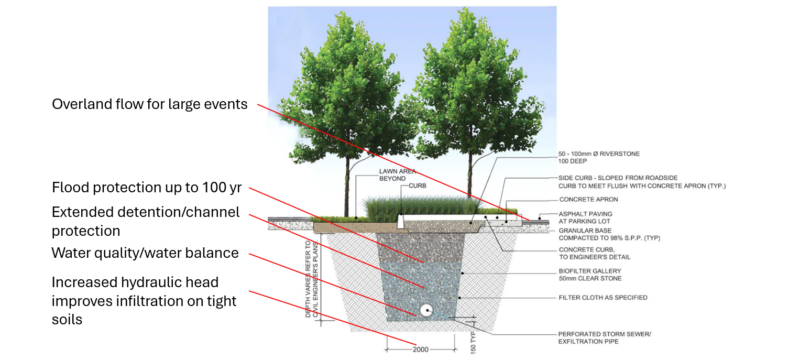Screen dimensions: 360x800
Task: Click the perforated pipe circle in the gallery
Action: (424, 310)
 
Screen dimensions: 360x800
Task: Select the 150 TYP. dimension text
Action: (473, 341)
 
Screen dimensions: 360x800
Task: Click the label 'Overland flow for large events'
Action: (149, 104)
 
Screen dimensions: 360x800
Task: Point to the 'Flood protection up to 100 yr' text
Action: (146, 187)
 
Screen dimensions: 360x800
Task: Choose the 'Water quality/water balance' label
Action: (145, 253)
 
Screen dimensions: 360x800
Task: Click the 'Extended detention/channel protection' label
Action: (145, 221)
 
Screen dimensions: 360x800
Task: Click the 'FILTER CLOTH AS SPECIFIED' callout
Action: (602, 298)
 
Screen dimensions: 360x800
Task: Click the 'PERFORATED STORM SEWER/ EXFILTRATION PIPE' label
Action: (604, 338)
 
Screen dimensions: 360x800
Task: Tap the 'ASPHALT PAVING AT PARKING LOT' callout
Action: (585, 217)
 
